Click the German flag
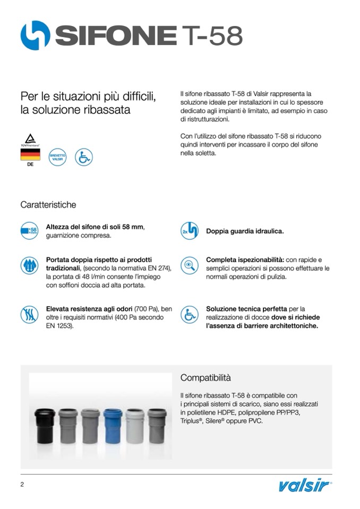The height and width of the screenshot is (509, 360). tap(30, 154)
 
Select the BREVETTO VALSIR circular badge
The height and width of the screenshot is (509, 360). tap(57, 157)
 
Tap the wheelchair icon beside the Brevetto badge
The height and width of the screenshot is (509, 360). tap(84, 157)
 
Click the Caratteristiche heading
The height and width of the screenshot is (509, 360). tap(48, 204)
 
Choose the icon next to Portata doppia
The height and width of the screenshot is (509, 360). tap(30, 265)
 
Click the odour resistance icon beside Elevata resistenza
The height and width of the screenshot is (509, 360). tap(30, 314)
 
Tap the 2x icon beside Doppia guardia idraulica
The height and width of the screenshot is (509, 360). tap(190, 231)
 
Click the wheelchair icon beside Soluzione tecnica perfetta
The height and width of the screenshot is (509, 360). tap(190, 314)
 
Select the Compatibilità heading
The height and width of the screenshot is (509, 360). tap(205, 378)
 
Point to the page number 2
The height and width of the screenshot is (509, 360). tap(22, 485)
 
